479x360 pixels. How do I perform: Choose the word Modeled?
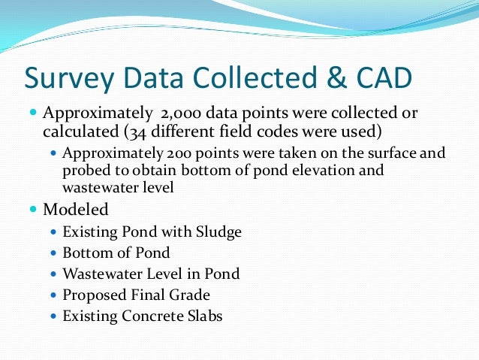76,208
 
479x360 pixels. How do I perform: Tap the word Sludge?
218,232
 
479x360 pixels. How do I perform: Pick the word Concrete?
150,316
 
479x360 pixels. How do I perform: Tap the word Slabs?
203,316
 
